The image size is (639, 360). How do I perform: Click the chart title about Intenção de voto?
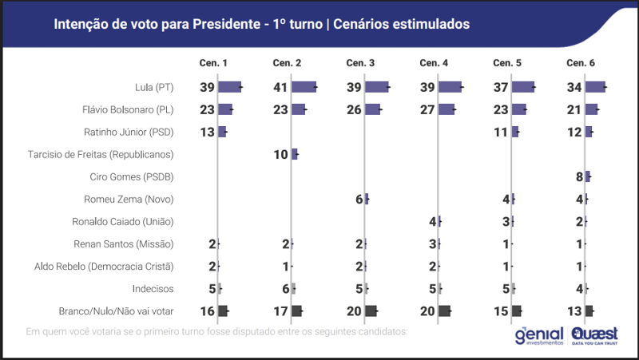pos(261,24)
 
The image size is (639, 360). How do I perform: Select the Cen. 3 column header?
pos(360,63)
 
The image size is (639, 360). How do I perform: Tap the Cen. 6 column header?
pos(581,63)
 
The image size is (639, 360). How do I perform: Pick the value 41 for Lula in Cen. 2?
pos(281,87)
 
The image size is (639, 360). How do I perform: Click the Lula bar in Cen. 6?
pos(595,87)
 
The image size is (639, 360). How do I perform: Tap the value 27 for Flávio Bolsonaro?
pos(428,109)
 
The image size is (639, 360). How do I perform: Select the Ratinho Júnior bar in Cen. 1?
pos(222,132)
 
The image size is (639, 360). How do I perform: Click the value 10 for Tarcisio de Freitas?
pos(281,154)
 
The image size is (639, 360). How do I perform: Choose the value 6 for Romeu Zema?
pos(359,199)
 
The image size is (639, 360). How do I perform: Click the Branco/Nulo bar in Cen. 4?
pos(444,311)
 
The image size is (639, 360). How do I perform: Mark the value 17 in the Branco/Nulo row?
pos(281,311)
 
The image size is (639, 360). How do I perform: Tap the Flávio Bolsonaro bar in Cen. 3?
pos(373,109)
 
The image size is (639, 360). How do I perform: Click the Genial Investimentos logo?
pos(539,337)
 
